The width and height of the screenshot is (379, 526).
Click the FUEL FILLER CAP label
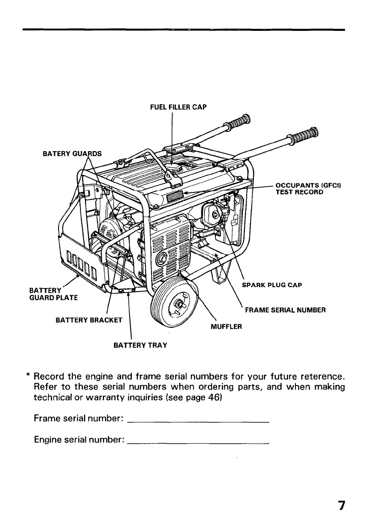click(178, 107)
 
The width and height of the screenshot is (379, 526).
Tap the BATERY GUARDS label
click(72, 154)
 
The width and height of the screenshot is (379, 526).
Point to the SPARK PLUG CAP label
click(272, 285)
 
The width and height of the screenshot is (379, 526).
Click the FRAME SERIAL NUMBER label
click(285, 310)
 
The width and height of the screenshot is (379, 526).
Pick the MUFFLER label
click(226, 327)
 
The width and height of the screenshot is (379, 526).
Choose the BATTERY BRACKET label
click(89, 320)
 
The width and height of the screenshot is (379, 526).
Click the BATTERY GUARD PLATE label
click(54, 294)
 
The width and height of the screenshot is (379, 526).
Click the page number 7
click(341, 505)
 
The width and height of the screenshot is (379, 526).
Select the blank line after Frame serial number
click(198, 422)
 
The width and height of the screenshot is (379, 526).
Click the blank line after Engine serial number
click(198, 443)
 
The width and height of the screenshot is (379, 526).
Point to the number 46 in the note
click(196, 397)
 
